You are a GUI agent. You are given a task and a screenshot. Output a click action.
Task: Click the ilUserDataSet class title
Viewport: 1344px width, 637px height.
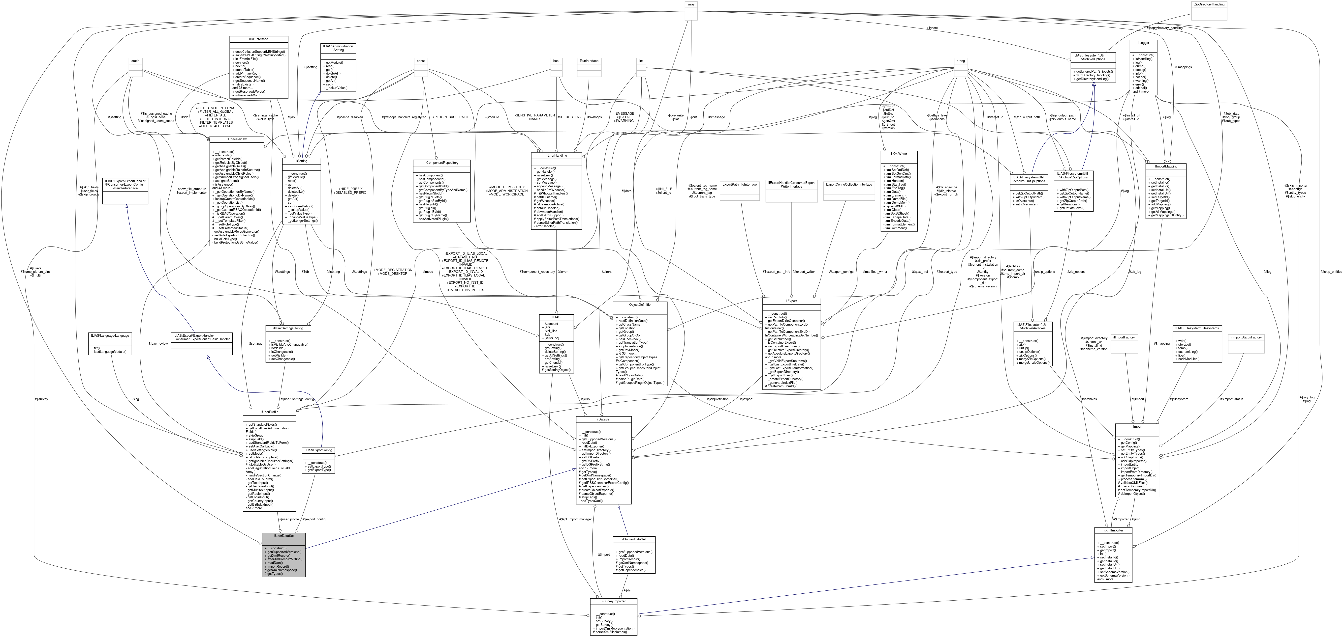(x=283, y=536)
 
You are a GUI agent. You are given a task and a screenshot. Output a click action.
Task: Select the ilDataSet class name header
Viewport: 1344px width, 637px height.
(x=604, y=419)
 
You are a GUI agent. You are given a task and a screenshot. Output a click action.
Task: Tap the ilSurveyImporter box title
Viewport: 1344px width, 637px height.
(x=614, y=601)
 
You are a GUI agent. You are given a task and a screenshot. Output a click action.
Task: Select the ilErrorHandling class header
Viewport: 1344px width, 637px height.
(x=556, y=155)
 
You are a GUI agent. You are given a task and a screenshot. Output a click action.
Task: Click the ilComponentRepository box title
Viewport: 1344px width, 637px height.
(x=441, y=163)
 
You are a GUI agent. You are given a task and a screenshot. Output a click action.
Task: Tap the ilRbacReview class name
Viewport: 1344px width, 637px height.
(x=236, y=139)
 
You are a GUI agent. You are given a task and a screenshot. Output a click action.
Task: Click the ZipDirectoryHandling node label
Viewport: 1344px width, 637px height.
(x=1209, y=4)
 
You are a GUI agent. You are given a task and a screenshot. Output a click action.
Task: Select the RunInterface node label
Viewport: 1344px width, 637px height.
(x=589, y=61)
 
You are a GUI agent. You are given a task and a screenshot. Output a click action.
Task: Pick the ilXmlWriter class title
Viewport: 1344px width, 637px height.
(x=898, y=154)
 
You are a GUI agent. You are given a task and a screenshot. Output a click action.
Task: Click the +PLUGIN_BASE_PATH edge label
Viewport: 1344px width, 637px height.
(x=447, y=117)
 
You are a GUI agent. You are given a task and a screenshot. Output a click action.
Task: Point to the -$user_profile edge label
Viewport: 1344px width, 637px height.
(x=289, y=519)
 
